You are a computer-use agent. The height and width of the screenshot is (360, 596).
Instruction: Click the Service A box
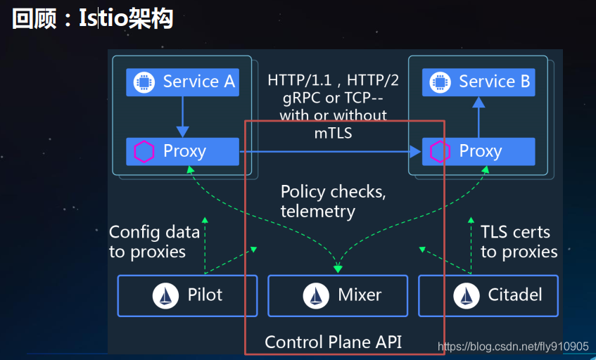coord(183,82)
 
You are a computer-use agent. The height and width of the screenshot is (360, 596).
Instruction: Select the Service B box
coord(478,82)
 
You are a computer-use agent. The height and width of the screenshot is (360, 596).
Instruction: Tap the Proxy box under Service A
coord(183,151)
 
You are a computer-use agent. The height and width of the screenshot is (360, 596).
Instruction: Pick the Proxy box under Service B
coord(478,151)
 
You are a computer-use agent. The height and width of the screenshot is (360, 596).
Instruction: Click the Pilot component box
coord(188,295)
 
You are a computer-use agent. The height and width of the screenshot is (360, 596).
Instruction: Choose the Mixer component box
coord(338,295)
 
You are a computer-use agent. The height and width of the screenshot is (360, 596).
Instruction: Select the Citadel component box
coord(488,295)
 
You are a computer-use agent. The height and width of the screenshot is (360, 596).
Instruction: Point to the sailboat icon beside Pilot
coord(166,296)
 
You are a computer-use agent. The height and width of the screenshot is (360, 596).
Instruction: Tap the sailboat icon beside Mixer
coord(317,296)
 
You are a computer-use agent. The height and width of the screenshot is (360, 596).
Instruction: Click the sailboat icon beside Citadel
coord(467,296)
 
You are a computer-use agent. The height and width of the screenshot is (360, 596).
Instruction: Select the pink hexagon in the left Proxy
coord(144,151)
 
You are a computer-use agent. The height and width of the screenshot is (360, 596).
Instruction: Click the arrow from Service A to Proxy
coord(183,116)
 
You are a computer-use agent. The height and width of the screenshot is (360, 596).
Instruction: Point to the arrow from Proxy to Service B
coord(478,117)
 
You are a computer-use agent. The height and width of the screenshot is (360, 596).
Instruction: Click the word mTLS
coord(333,131)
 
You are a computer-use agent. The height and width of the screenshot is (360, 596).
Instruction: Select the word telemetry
coord(317,211)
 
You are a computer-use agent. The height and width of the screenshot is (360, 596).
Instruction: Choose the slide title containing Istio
coord(92,19)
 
